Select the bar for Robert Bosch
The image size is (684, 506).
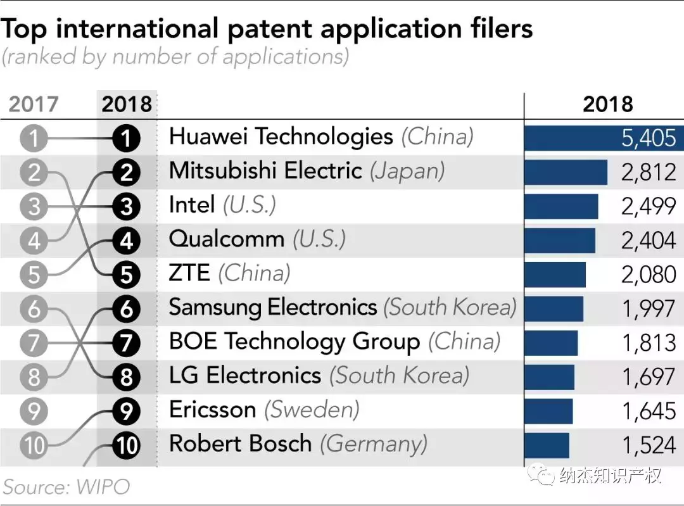pyautogui.click(x=547, y=445)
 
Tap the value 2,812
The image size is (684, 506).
pyautogui.click(x=649, y=172)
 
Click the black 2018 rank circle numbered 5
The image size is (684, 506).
pyautogui.click(x=126, y=275)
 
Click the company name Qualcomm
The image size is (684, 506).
pyautogui.click(x=226, y=239)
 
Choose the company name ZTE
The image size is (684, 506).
pyautogui.click(x=189, y=274)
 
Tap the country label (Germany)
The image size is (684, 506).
pyautogui.click(x=373, y=444)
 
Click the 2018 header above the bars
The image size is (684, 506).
pyautogui.click(x=607, y=104)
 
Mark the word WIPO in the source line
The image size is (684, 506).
pyautogui.click(x=103, y=487)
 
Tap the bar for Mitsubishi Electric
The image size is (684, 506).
pyautogui.click(x=566, y=172)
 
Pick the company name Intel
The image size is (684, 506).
pyautogui.click(x=192, y=205)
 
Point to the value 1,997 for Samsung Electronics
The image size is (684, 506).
pyautogui.click(x=649, y=309)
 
